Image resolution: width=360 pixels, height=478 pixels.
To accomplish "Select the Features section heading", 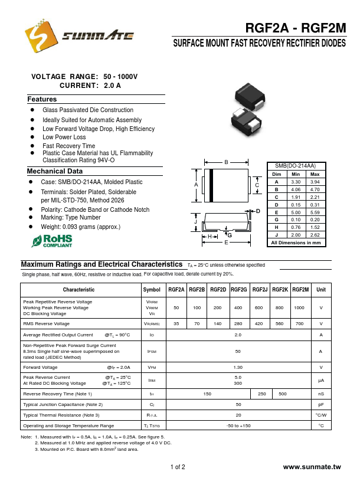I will point(42,100).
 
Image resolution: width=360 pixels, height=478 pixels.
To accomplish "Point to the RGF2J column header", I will point(260,290).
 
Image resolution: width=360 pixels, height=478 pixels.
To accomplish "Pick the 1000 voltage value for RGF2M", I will point(299,308).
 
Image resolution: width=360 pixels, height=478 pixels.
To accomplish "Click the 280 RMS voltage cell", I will point(238,324).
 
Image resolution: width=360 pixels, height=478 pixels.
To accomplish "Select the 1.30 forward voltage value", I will point(238,367).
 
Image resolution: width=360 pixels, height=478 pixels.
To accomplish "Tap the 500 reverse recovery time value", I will point(283,394).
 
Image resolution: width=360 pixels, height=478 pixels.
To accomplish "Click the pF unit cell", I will point(321,404).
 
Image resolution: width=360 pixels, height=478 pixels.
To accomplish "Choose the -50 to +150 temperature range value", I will point(238,425).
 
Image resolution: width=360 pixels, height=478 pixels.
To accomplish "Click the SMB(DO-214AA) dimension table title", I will point(296,167).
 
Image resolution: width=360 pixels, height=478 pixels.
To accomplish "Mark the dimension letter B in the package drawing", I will point(226,162).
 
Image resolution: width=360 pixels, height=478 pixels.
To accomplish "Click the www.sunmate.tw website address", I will point(312,467).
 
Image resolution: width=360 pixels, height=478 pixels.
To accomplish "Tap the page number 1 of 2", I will point(178,467).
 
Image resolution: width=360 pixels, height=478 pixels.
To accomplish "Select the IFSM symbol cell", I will point(152,351).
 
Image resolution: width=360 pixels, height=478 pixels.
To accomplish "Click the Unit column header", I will point(321,290).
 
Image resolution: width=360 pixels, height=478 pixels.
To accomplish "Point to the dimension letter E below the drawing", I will point(225,243).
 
